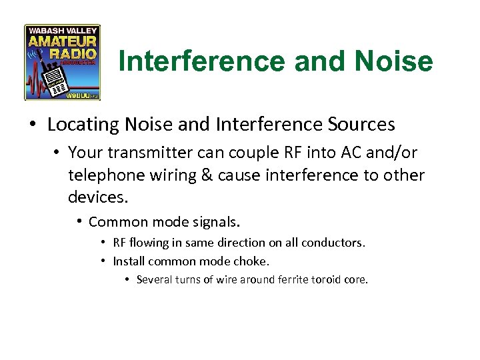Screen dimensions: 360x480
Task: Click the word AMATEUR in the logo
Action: point(62,41)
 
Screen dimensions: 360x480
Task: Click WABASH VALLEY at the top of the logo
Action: point(62,30)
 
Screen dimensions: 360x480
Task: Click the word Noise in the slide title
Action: point(394,62)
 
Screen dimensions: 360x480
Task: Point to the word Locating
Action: point(79,125)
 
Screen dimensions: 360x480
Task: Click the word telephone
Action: point(103,175)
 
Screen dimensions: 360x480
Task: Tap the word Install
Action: point(128,261)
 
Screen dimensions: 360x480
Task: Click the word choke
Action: point(254,261)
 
